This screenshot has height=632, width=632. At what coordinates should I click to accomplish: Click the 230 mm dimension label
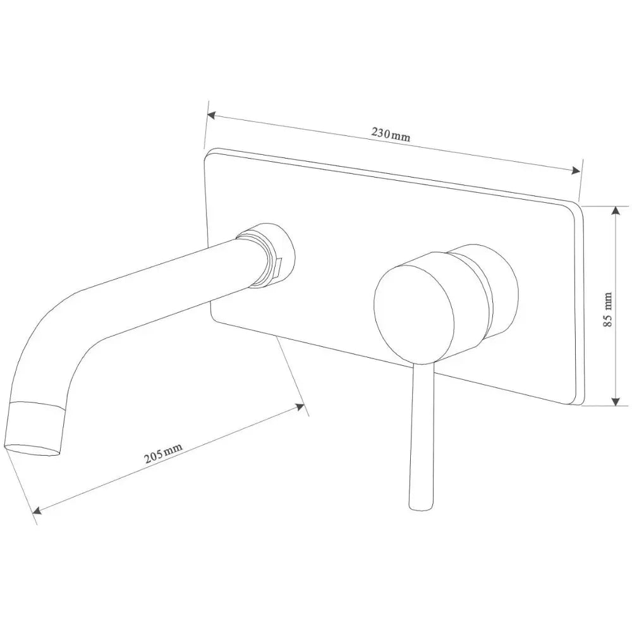click(x=391, y=134)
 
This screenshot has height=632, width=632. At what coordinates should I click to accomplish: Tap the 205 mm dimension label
click(x=163, y=453)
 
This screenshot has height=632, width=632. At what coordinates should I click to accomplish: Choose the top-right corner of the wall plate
click(x=578, y=206)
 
